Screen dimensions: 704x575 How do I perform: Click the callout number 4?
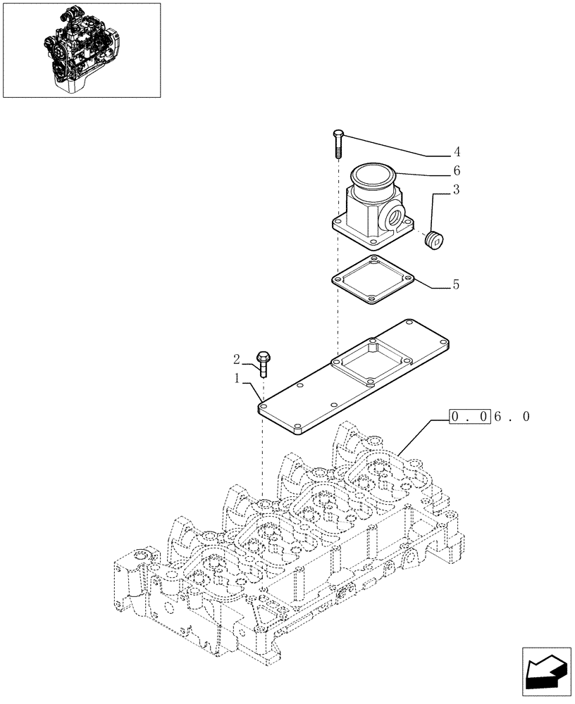[x=457, y=152]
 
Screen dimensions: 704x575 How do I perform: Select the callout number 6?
[x=457, y=171]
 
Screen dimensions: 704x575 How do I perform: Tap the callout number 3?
[x=457, y=189]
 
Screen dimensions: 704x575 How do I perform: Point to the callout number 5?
[x=457, y=285]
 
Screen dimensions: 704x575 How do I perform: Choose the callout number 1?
[x=237, y=379]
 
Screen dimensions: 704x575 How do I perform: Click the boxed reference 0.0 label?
[x=469, y=417]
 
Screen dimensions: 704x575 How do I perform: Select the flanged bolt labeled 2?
[x=264, y=363]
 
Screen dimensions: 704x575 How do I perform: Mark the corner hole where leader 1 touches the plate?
[x=262, y=406]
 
